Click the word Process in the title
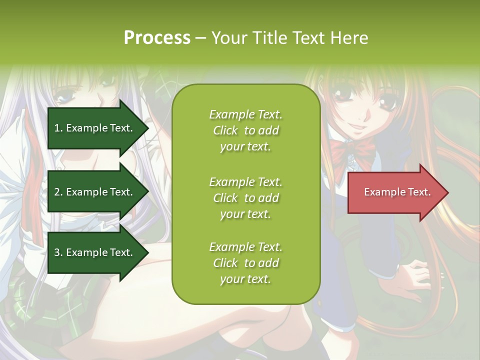tap(157, 38)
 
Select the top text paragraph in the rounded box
tap(245, 130)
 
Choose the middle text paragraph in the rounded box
tap(245, 198)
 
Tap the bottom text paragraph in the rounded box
tap(245, 263)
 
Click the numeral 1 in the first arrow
tap(56, 128)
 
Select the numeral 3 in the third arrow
tap(57, 252)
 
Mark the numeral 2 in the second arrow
tap(57, 192)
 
